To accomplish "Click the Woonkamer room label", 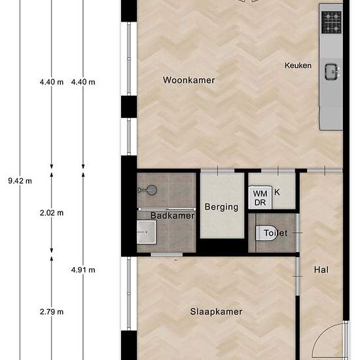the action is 189,80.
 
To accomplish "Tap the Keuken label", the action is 298,65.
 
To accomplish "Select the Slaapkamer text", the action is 216,312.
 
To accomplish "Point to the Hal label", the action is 321,270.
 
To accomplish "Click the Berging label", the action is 221,207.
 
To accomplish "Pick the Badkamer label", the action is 172,215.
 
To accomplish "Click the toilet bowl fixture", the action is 266,233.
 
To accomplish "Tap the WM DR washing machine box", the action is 260,198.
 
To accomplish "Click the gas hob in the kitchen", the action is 332,22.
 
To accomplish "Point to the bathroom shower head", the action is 152,190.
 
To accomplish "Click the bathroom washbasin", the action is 147,232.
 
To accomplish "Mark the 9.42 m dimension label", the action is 20,181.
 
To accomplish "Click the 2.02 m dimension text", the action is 52,213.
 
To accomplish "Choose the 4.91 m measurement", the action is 83,270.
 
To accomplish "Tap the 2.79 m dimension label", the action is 52,312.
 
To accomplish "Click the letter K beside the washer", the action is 277,192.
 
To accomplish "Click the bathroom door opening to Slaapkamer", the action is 167,255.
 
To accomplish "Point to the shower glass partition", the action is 167,209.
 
